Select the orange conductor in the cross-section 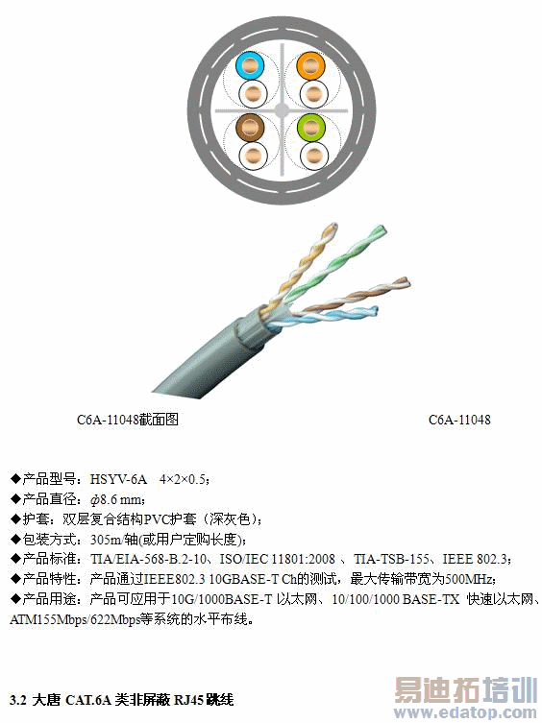(x=310, y=66)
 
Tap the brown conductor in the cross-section (x=250, y=128)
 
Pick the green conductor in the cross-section (x=311, y=128)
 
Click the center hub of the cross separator (x=282, y=110)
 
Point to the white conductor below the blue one (x=253, y=94)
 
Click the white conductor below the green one (x=314, y=156)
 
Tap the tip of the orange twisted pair (x=332, y=226)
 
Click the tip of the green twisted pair (x=381, y=229)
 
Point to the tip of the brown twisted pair (x=406, y=280)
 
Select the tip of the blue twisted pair (x=376, y=309)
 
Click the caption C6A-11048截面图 (x=128, y=420)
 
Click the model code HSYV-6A (x=118, y=479)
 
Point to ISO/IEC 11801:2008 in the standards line (x=277, y=559)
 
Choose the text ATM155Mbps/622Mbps (x=75, y=619)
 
